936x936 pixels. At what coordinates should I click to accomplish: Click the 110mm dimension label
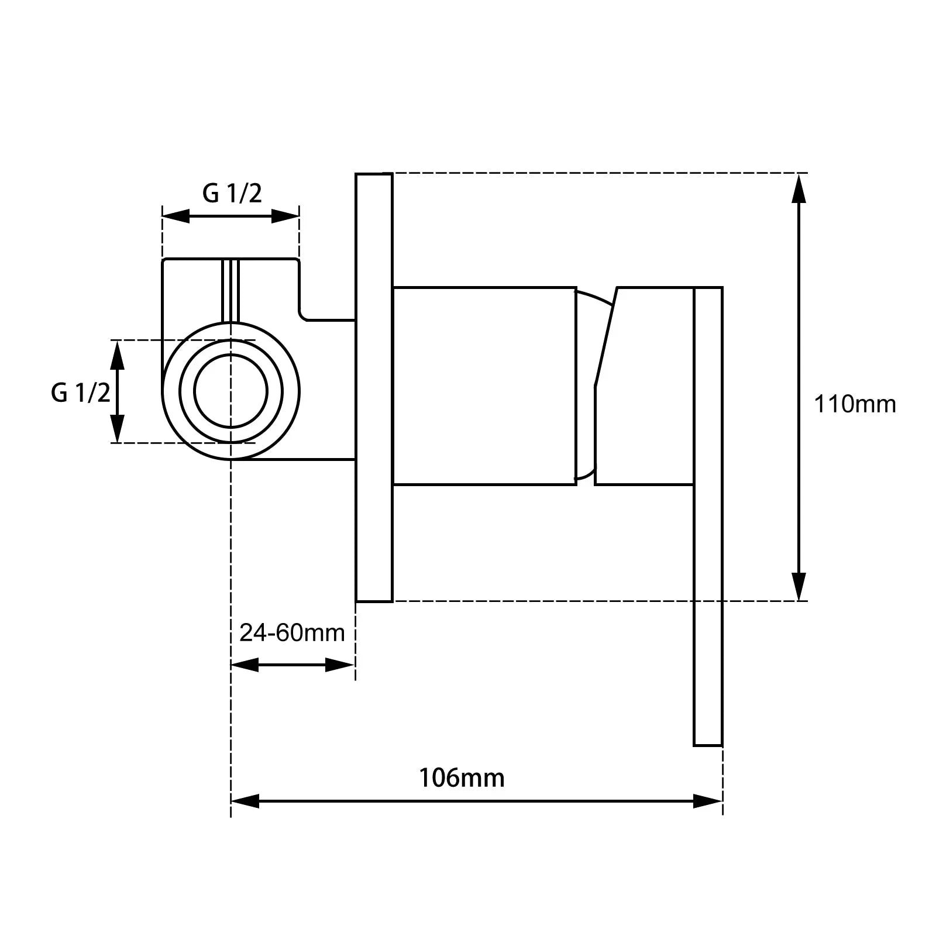tap(855, 404)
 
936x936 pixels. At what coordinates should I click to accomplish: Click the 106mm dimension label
tap(461, 778)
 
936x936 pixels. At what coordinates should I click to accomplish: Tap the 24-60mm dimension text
tap(292, 632)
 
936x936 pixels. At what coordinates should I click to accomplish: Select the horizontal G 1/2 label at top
tap(232, 193)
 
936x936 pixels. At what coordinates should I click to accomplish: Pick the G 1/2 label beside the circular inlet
tap(81, 393)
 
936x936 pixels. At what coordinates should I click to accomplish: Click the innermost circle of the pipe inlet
tap(230, 391)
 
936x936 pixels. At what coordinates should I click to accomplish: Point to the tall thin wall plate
tap(374, 387)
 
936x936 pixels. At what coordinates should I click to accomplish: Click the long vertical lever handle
tap(708, 517)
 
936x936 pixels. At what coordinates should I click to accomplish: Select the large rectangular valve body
tap(484, 386)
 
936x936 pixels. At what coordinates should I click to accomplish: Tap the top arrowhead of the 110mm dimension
tap(799, 187)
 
